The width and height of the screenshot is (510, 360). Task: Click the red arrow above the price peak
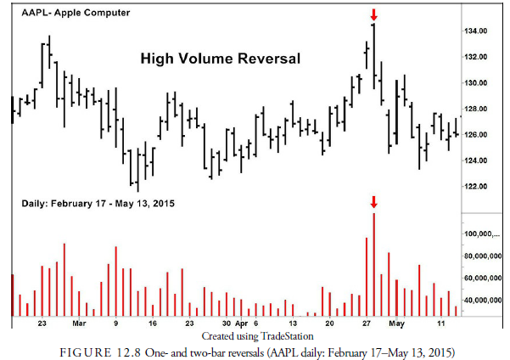tap(373, 14)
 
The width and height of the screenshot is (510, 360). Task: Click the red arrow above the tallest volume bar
tap(373, 202)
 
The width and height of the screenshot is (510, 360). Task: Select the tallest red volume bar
tap(373, 264)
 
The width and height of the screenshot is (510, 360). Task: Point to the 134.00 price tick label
tap(475, 31)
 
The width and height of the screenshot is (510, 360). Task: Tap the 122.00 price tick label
tap(475, 186)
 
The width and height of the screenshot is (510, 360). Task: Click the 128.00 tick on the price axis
tap(475, 109)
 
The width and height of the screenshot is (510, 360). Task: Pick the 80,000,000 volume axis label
tap(484, 256)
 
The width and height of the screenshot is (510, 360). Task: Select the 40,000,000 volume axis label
tap(484, 300)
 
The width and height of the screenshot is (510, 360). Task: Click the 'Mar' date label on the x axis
tap(79, 323)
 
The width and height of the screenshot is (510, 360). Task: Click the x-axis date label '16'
tap(153, 323)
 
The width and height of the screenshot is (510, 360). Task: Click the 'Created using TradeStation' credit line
tap(255, 336)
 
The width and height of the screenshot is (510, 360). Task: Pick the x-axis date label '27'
tap(367, 323)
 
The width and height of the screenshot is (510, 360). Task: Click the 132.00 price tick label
tap(475, 57)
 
